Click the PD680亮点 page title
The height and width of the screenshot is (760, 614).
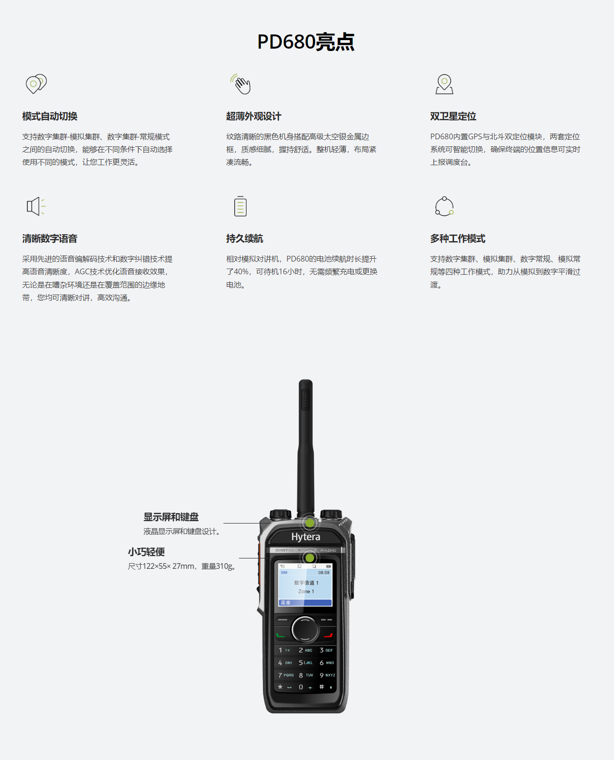(x=306, y=42)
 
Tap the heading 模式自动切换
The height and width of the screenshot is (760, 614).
(x=50, y=116)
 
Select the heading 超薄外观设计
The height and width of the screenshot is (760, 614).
(x=254, y=116)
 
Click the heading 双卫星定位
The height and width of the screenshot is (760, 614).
(x=453, y=116)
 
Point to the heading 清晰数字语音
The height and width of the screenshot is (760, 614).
(x=50, y=238)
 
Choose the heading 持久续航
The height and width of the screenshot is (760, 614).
(x=245, y=238)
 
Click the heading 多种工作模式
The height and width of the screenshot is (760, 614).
(x=458, y=238)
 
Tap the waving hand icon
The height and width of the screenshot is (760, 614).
(x=241, y=84)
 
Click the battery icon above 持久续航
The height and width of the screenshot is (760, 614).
(x=240, y=206)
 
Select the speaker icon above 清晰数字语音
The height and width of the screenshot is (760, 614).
(x=35, y=206)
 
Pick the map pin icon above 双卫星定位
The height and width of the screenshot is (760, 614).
(x=444, y=84)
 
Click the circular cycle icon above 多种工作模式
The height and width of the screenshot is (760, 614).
(x=444, y=206)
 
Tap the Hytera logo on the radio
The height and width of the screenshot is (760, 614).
(x=306, y=537)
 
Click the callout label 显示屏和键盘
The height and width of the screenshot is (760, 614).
(x=171, y=517)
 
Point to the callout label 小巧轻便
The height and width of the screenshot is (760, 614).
(x=146, y=552)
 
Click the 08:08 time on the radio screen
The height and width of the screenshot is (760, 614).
(x=324, y=573)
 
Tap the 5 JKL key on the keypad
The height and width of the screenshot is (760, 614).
(x=306, y=663)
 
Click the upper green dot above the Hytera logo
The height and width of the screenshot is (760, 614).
(x=310, y=523)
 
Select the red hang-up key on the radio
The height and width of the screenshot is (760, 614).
(x=328, y=635)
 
